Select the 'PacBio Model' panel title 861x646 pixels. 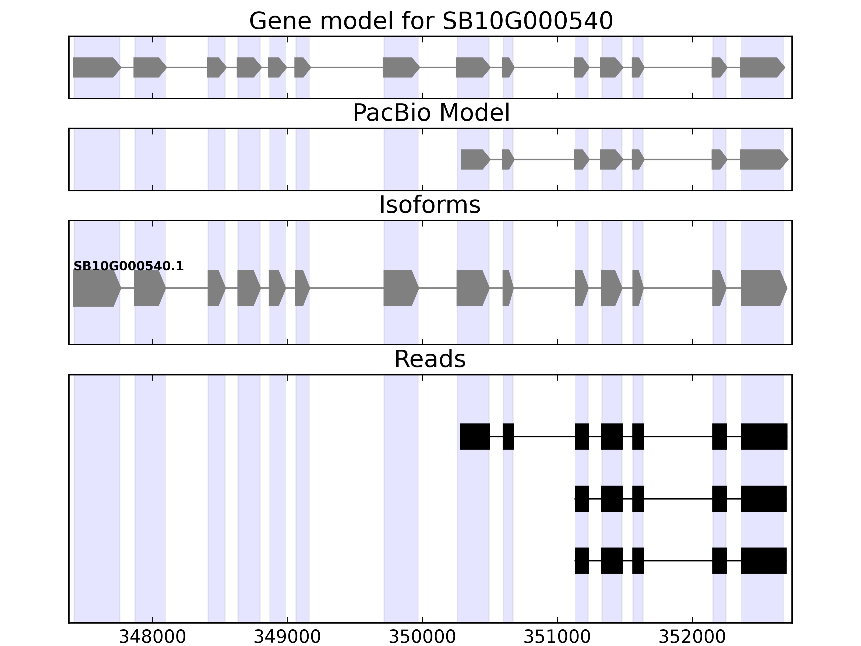click(431, 113)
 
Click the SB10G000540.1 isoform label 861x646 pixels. click(128, 266)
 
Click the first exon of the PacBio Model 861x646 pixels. click(474, 159)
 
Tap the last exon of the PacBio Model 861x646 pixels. click(763, 159)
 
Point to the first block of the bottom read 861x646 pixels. click(581, 560)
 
